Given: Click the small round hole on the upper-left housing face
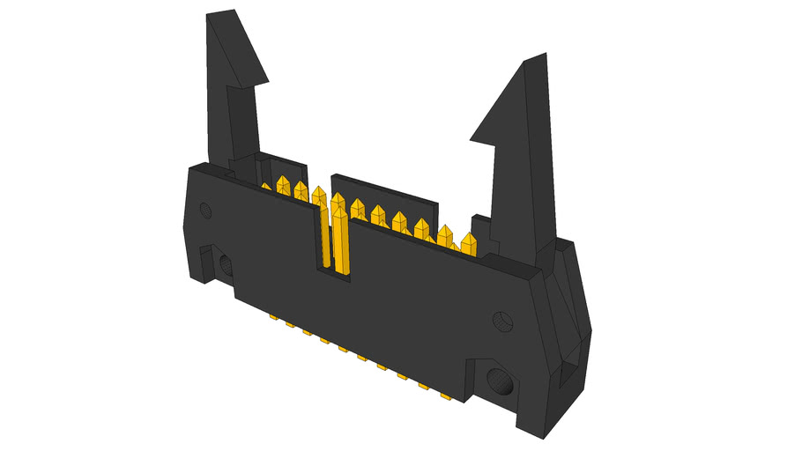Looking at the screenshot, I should (x=206, y=210).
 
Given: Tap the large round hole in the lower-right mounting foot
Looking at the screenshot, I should (x=500, y=383).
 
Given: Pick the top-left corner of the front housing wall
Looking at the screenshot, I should (x=190, y=167).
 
